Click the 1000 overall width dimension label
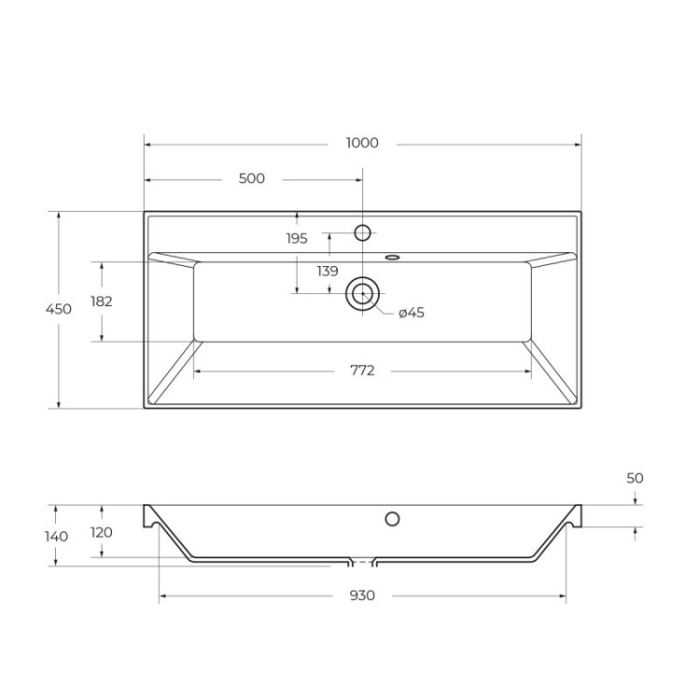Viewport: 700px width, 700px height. point(362,144)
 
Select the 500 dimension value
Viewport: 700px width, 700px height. point(252,179)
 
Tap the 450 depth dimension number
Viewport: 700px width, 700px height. point(59,310)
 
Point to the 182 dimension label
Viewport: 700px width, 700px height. point(102,301)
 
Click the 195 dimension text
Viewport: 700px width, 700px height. point(297,239)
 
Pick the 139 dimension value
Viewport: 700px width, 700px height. point(327,272)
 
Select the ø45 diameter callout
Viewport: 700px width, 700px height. point(411,314)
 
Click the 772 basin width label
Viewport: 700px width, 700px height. point(362,371)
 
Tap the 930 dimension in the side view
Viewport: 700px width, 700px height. point(362,595)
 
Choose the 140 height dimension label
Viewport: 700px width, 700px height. point(57,537)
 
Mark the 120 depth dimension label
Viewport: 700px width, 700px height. point(102,532)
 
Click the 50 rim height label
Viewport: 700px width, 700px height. point(635,478)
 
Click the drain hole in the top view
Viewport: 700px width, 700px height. point(361,293)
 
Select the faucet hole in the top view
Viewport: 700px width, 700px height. point(362,232)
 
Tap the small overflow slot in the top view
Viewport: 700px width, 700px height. point(392,256)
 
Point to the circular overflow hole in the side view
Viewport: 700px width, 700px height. point(392,519)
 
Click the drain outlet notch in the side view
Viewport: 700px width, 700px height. point(362,563)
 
